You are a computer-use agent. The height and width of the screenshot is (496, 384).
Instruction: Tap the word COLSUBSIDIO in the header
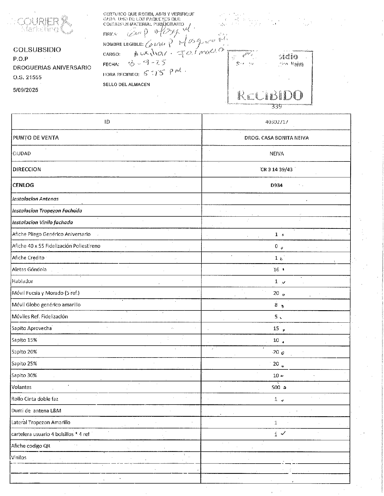[37, 49]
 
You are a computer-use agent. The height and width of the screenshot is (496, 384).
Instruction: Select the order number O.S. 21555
[27, 77]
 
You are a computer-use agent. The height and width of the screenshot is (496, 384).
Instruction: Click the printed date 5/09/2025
[26, 90]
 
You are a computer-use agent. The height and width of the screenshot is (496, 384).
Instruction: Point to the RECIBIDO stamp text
[270, 95]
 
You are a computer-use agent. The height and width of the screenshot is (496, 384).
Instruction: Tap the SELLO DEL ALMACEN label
[126, 84]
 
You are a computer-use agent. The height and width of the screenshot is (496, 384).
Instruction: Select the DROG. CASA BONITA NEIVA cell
[276, 138]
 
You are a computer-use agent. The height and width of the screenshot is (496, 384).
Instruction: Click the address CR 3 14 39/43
[276, 170]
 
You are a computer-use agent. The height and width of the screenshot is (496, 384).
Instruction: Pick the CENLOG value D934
[276, 185]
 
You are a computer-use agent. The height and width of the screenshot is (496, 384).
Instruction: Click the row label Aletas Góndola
[29, 269]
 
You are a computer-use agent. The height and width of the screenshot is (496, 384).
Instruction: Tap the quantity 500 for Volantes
[276, 387]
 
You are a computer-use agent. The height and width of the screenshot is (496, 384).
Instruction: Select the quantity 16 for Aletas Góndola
[276, 270]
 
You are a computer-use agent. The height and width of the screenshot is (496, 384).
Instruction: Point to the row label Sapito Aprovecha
[32, 328]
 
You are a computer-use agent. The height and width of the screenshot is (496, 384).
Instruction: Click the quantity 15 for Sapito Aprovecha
[276, 328]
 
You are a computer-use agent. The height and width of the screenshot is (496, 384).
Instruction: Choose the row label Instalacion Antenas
[35, 199]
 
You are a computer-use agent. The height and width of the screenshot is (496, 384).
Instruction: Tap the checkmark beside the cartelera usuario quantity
[283, 434]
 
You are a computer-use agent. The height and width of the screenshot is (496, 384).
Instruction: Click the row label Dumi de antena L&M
[36, 411]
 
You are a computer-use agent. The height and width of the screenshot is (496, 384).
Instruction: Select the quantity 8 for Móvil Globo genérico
[276, 305]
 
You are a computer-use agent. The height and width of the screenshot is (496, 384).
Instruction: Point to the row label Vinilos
[19, 458]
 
